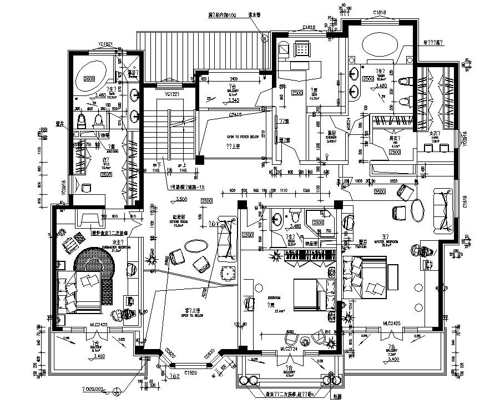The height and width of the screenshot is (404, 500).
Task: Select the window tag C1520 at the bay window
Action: coord(191,374)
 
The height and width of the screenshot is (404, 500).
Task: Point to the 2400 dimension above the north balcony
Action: coord(233,79)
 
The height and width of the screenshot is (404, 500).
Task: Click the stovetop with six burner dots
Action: coord(303,50)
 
